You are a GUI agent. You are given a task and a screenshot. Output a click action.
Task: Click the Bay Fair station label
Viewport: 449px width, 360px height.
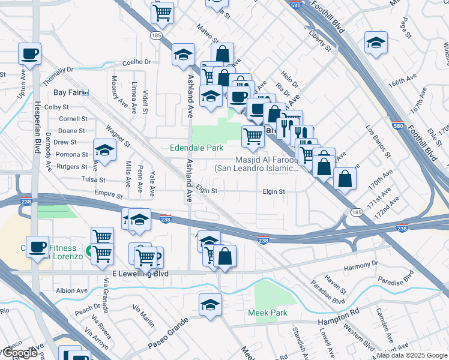(67, 92)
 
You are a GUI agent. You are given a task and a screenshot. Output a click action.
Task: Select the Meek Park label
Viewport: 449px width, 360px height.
(268, 313)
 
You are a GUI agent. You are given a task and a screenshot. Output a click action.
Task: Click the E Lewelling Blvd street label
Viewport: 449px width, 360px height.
(139, 274)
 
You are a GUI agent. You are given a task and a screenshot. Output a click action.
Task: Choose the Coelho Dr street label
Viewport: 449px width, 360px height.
(136, 62)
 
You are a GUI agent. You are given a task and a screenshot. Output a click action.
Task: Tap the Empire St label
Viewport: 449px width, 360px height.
(109, 196)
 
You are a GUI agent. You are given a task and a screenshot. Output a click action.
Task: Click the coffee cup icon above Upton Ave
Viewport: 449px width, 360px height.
(29, 54)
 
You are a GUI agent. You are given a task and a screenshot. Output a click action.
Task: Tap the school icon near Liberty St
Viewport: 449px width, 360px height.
(376, 42)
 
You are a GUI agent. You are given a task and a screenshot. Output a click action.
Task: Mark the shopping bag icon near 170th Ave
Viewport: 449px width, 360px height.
(345, 178)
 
